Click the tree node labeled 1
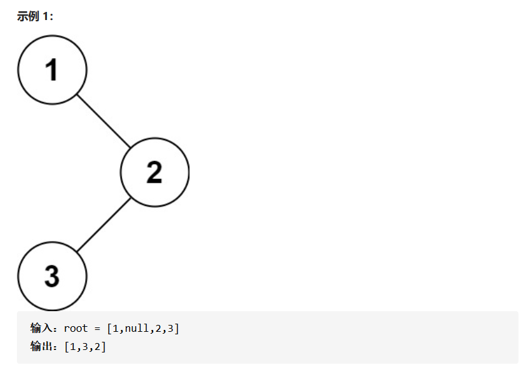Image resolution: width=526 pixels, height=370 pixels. pos(52,70)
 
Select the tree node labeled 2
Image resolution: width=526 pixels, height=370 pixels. pos(154,172)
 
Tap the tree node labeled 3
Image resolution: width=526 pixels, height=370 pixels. pos(52,276)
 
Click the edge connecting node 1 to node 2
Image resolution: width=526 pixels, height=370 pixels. pos(104,121)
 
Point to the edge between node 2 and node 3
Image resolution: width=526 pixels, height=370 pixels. pos(104,225)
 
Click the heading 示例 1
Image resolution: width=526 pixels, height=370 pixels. pos(35,16)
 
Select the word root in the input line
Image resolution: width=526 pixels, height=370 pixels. pos(76,328)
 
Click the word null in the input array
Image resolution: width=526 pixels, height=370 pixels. pos(136,328)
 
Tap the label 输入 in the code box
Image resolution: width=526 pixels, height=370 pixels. pos(40,328)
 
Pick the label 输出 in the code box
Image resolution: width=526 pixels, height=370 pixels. pos(40,346)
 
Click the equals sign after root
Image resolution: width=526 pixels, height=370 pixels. pos(98,328)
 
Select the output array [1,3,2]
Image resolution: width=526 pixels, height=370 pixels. pos(85,346)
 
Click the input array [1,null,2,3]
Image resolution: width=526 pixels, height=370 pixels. pos(143,328)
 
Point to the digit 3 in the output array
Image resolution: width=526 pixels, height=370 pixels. pos(85,346)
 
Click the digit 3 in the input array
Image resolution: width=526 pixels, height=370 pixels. pos(170,328)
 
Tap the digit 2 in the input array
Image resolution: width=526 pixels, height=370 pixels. pos(158,328)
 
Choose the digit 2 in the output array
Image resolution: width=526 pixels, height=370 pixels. pos(98,346)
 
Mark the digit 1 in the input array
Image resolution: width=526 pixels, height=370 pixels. pos(116,328)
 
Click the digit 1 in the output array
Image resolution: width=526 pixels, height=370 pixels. pos(73,346)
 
